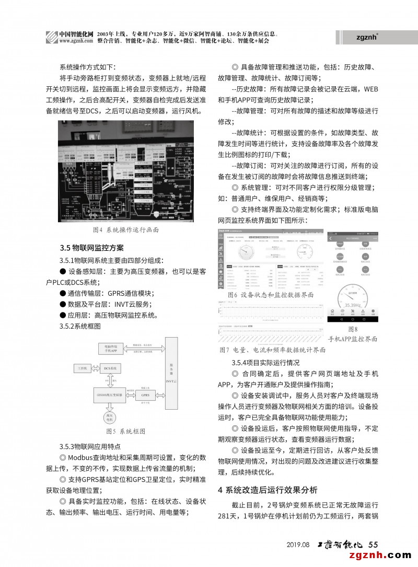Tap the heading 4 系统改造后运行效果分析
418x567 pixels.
(267, 490)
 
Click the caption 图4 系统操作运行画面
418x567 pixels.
(125, 229)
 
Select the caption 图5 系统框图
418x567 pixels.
(125, 431)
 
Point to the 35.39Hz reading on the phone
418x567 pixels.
(352, 305)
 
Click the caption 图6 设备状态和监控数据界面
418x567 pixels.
(271, 295)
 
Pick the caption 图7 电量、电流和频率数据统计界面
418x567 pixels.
(272, 350)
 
